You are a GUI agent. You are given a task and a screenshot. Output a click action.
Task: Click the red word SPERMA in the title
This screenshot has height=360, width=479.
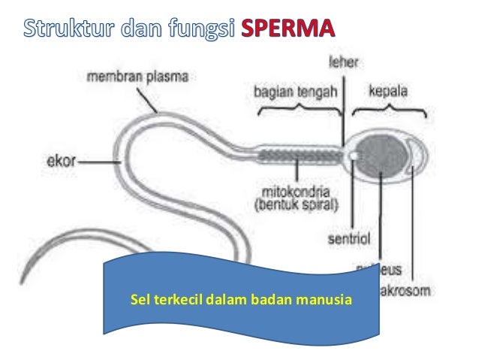(x=290, y=31)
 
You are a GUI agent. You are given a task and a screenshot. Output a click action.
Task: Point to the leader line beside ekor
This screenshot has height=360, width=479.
(x=97, y=160)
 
